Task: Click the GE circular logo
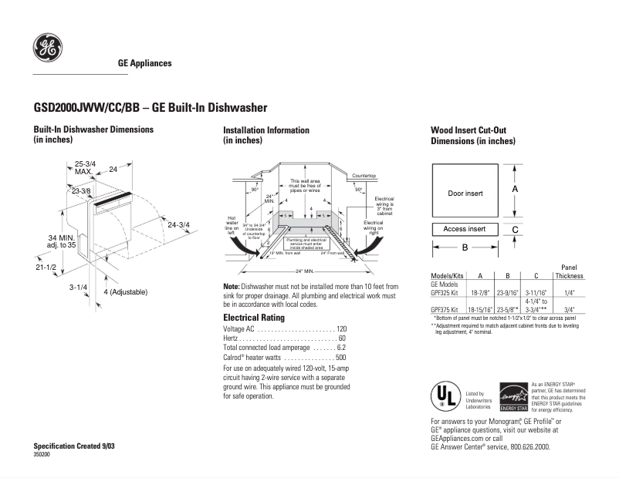click(47, 49)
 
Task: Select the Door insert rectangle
click(465, 193)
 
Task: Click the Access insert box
click(464, 229)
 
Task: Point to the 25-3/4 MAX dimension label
click(85, 167)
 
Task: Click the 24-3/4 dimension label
click(178, 224)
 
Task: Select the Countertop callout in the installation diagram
click(364, 177)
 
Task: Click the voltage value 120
click(341, 329)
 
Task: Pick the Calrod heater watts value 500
click(340, 358)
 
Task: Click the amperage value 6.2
click(341, 348)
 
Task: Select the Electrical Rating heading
click(253, 318)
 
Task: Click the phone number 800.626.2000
click(524, 446)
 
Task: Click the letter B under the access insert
click(465, 247)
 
